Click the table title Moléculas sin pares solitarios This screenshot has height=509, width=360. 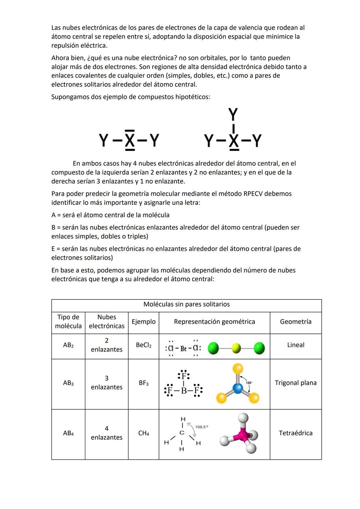[x=186, y=304]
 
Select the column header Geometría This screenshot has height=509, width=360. [x=296, y=322]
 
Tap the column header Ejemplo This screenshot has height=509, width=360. [x=143, y=322]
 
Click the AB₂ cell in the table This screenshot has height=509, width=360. [x=68, y=345]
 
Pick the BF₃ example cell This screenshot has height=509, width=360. [x=144, y=383]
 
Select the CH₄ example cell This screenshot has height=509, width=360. [x=144, y=433]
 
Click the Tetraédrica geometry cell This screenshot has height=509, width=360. [x=296, y=433]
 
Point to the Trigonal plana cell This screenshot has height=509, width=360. [x=296, y=383]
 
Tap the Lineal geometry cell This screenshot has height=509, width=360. [x=296, y=345]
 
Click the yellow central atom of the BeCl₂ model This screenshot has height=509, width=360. [x=236, y=349]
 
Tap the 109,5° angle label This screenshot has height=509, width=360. [x=202, y=427]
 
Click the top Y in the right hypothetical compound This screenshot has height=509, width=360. [x=233, y=114]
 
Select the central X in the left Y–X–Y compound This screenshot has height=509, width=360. [x=130, y=141]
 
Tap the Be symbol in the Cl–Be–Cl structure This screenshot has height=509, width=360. [x=183, y=349]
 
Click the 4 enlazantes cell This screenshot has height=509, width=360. [x=107, y=433]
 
